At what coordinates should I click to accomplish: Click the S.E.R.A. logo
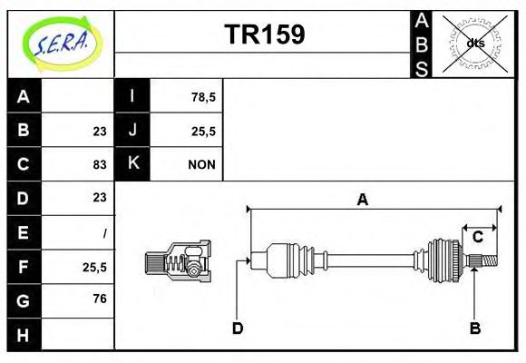coord(61,43)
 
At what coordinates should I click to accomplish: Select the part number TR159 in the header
coord(264,34)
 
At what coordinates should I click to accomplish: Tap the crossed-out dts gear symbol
coord(474,43)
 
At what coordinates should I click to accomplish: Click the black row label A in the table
coord(24,96)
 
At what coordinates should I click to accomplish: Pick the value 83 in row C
coord(100,164)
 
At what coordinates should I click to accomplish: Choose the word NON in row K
coord(201,164)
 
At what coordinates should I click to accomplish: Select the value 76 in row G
coord(100,298)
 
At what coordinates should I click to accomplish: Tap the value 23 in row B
coord(100,131)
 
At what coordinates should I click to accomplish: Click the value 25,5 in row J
coord(202,131)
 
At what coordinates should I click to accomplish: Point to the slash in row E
coord(105,232)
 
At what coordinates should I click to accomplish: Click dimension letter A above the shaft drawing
coord(363,201)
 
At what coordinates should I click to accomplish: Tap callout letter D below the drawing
coord(238,328)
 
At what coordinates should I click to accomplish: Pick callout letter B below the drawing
coord(474,328)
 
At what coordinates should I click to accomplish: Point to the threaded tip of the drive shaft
coord(488,261)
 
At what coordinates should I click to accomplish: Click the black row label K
coord(132,164)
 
